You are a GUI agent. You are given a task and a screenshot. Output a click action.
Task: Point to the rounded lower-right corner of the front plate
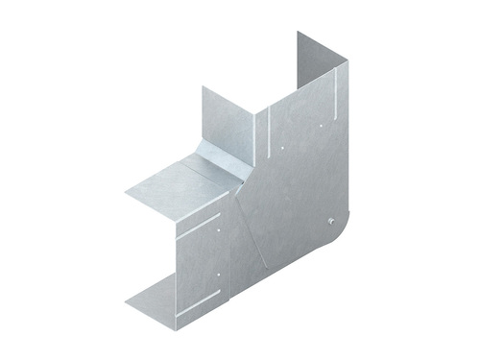coord(338,240)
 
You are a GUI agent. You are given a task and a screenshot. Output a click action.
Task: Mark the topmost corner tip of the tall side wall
coord(298,32)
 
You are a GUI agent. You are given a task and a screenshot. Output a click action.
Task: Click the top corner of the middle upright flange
coord(203,87)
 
